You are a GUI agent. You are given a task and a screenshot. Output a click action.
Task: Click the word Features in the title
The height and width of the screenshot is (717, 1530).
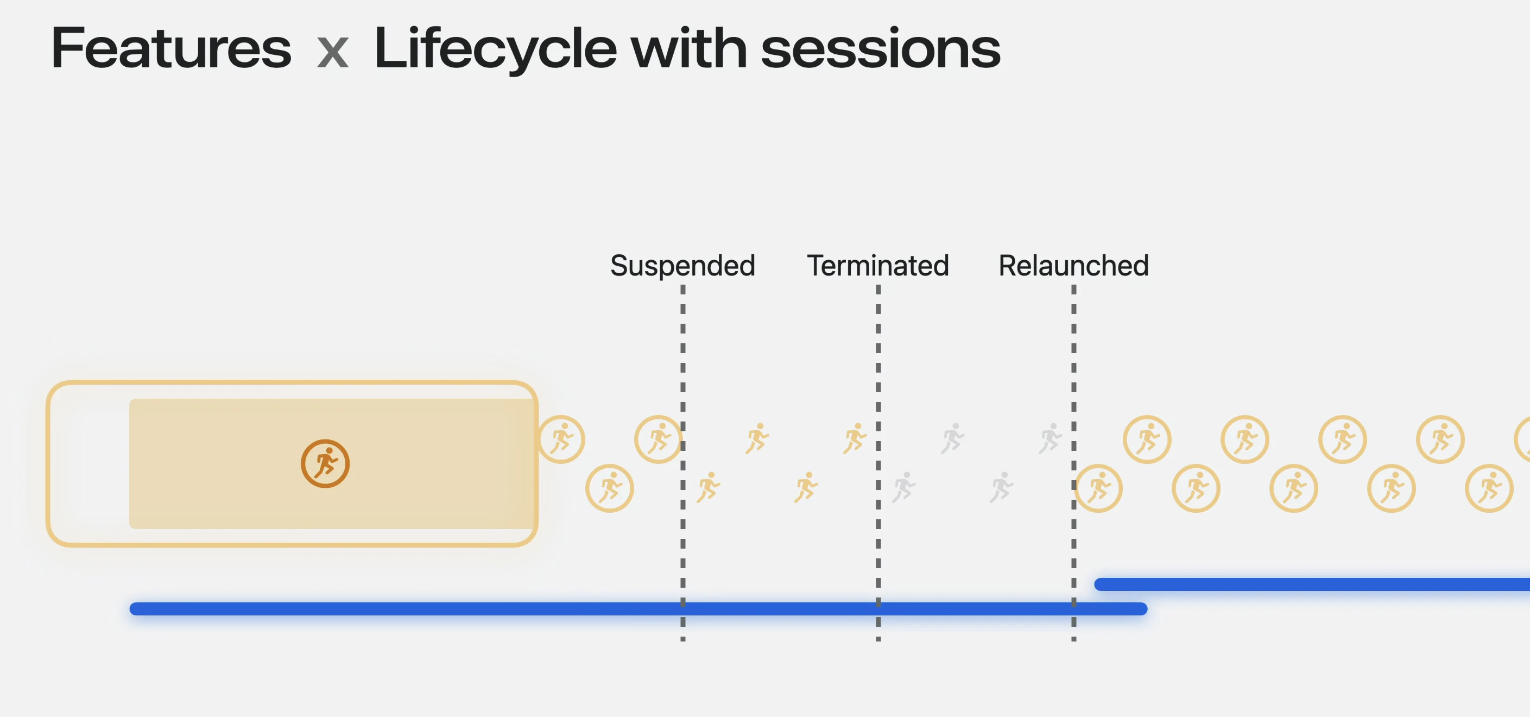click(171, 48)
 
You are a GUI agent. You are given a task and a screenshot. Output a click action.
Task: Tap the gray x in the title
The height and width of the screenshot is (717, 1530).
click(333, 53)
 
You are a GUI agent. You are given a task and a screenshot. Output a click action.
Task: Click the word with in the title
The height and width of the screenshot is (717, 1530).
click(689, 48)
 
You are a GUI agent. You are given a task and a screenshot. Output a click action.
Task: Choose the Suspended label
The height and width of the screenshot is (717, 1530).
click(682, 266)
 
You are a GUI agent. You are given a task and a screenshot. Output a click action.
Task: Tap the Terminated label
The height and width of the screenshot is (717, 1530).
click(878, 265)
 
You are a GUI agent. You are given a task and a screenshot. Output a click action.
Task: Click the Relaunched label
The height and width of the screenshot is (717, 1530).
click(1073, 265)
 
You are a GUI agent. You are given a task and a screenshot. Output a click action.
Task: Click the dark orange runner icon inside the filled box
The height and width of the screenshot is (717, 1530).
click(325, 463)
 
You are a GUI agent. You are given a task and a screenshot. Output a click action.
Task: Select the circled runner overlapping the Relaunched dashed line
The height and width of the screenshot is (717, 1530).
click(1098, 488)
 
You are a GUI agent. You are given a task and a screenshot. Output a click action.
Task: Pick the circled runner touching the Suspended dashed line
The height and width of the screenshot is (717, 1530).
click(659, 439)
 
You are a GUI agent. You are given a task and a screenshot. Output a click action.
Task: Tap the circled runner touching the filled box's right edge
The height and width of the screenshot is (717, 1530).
click(561, 439)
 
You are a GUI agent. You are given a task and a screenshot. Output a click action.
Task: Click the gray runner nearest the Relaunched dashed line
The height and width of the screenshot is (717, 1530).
click(1050, 439)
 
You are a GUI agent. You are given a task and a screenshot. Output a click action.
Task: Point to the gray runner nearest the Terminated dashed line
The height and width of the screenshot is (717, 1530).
click(904, 488)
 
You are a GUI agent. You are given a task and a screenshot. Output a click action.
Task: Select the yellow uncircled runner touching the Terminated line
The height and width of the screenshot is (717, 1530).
click(855, 439)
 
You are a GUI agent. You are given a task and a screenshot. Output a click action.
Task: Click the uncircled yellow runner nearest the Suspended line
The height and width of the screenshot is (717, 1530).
click(709, 488)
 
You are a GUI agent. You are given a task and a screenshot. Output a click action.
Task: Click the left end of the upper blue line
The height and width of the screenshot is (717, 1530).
click(1099, 584)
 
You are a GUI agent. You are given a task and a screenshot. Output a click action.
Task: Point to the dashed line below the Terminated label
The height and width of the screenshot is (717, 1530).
click(878, 463)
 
